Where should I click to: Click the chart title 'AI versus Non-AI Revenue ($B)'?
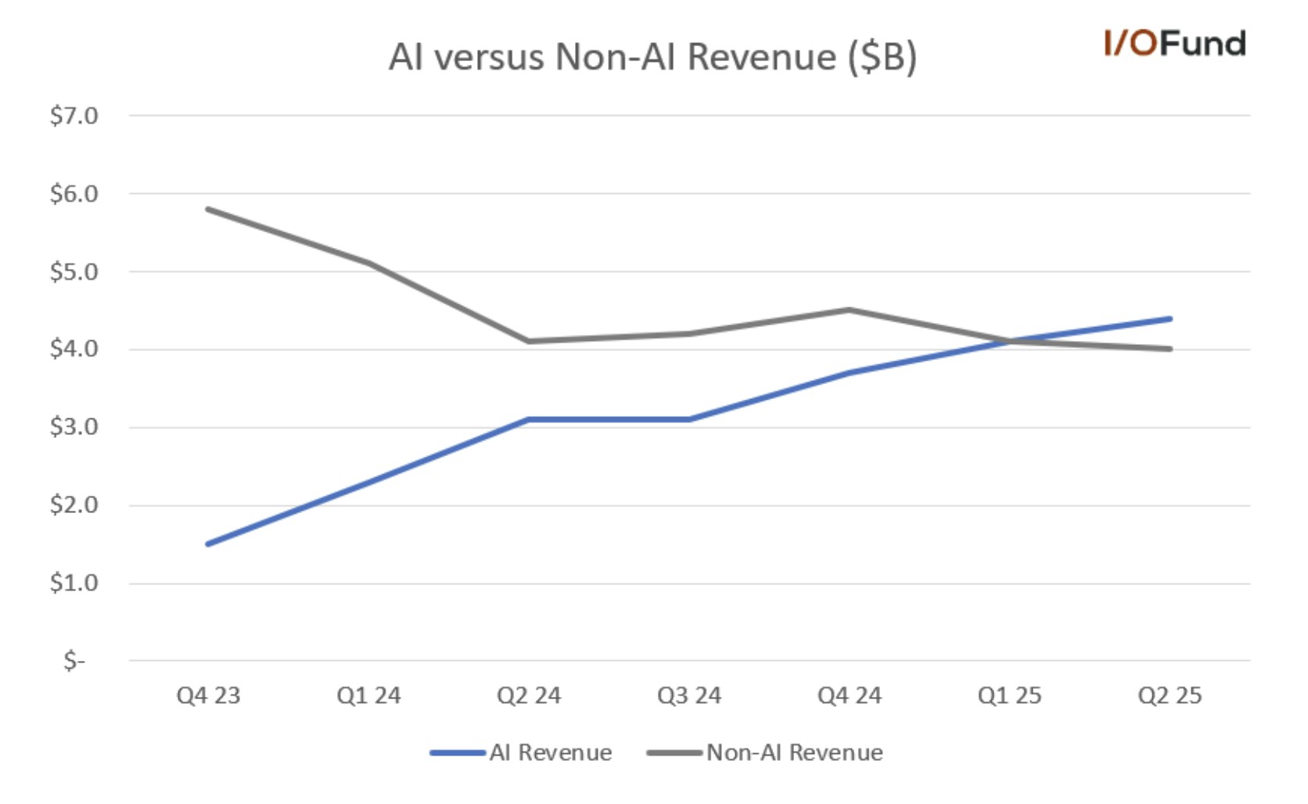652,57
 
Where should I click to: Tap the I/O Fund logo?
1174,44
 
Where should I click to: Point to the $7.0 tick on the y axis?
74,116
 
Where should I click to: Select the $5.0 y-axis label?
74,271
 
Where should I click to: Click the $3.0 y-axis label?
74,427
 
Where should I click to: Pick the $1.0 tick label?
74,583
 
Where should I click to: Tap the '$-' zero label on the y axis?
74,661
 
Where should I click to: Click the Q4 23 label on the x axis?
208,695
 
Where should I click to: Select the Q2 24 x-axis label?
529,695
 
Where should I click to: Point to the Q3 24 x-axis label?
689,695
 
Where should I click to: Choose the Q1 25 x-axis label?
1009,695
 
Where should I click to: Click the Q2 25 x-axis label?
1170,695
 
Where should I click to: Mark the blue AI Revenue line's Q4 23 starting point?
208,544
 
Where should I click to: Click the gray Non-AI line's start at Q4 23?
208,209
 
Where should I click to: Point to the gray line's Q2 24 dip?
529,341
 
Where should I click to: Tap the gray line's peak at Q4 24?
850,310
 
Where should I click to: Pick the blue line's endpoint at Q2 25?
1170,318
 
